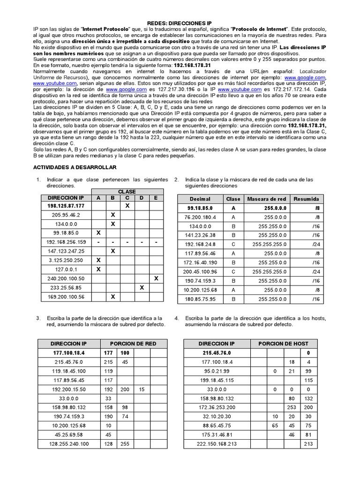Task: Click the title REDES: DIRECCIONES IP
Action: [179, 22]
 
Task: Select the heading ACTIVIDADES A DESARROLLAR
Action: [75, 167]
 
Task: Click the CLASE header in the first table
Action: [127, 192]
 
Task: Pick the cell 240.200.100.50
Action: [66, 278]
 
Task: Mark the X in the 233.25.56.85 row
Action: [142, 287]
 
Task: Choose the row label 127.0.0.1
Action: [66, 270]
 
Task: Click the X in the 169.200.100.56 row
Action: [112, 297]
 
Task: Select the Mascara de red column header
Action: [266, 199]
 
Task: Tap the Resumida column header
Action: [306, 199]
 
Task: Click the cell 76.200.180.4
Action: [200, 217]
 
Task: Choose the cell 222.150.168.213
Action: [217, 444]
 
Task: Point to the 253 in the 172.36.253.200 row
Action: [292, 407]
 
